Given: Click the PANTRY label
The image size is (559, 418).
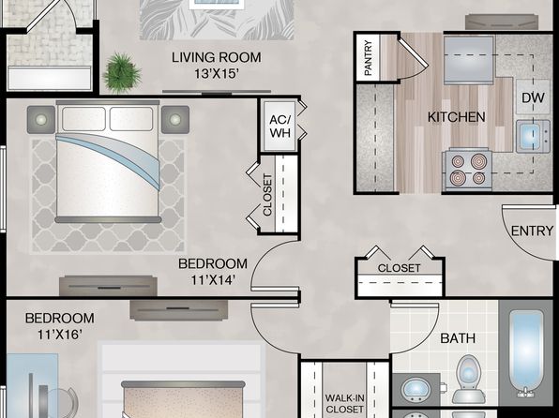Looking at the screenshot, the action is click(369, 58).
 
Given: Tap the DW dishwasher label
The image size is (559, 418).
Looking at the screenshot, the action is click(533, 97).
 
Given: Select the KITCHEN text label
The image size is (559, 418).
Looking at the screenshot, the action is click(457, 117).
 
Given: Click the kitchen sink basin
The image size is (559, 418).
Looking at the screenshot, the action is click(532, 136).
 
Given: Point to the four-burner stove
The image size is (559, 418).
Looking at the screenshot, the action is click(467, 170).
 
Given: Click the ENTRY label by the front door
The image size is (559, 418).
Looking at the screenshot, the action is click(532, 231).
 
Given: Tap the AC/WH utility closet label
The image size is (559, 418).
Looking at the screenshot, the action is click(280, 127).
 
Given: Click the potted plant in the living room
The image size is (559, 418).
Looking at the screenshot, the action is click(122, 73).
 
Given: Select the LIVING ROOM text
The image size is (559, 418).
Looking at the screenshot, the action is click(217, 57).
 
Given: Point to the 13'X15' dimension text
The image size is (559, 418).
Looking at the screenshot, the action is click(217, 74).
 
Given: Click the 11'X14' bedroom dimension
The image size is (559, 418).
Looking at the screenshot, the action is click(213, 280).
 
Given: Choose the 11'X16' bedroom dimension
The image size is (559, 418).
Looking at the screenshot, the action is click(60, 335).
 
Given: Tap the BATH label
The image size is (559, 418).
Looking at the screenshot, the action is click(458, 337).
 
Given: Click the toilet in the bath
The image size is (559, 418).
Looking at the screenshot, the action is click(468, 380).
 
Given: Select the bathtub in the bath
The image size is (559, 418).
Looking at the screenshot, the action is click(527, 352).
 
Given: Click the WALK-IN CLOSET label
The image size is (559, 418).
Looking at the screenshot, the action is click(344, 403).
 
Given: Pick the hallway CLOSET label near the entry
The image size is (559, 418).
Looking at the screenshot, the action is click(399, 268).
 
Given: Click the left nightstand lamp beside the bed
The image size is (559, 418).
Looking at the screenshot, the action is click(41, 119).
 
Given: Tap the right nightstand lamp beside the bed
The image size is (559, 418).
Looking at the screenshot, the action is click(175, 119).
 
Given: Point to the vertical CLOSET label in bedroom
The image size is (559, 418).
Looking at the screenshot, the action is click(267, 195).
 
